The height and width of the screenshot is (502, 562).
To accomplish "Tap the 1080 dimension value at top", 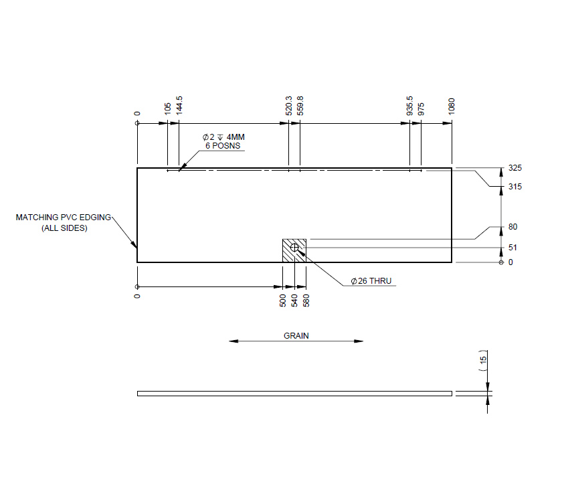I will tap(452, 106).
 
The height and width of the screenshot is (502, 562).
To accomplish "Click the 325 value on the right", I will tap(514, 168).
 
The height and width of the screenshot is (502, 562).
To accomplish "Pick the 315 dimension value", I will tap(514, 187).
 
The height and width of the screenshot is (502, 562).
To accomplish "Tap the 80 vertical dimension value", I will tap(512, 227).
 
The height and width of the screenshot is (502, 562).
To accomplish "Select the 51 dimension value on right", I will tap(512, 248).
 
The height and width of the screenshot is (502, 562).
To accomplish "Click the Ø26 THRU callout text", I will tap(371, 281).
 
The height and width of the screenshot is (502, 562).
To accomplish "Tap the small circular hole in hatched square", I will tap(294, 248).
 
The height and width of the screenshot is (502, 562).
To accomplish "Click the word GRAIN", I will tap(296, 335).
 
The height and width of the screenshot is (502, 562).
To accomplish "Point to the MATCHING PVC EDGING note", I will tap(64, 218).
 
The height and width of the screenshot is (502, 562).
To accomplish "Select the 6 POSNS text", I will tap(223, 145).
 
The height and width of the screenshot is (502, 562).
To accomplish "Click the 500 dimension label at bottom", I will tap(283, 300).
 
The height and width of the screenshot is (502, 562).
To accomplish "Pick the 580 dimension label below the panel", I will tap(306, 300).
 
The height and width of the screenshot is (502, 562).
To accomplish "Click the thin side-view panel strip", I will tap(294, 393).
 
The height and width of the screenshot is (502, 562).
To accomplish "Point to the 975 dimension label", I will tap(421, 109).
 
